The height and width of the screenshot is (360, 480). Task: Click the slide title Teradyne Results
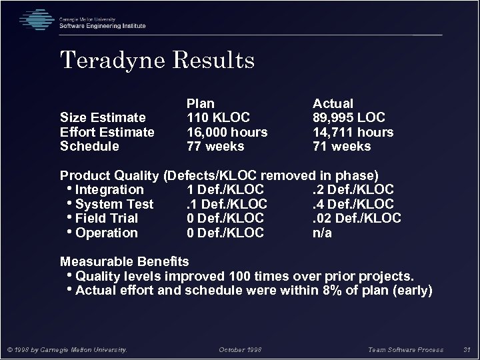157,61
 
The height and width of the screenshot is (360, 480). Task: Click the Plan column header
200,103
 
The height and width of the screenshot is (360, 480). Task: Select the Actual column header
333,103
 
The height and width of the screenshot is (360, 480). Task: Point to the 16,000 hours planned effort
227,132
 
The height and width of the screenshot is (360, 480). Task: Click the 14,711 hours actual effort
353,132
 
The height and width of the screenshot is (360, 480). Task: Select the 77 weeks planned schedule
215,146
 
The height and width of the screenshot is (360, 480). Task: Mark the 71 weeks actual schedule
342,146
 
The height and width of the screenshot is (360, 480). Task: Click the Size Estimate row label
103,118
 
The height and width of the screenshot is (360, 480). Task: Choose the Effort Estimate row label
107,132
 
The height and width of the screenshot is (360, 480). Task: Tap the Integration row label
109,190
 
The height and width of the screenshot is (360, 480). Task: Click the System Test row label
114,204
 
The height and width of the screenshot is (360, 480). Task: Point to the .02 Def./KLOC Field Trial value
357,218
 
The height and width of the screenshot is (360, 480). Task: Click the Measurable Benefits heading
125,261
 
